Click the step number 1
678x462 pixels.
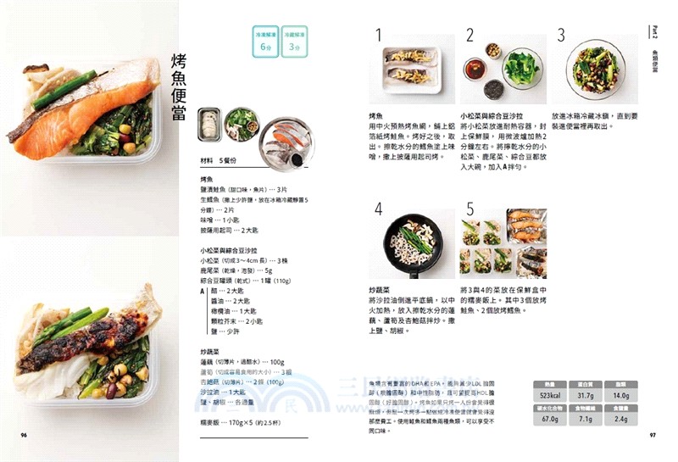tap(379, 35)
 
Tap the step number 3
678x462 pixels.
tap(560, 35)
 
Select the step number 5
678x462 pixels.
tap(470, 209)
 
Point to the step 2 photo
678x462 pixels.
tap(502, 70)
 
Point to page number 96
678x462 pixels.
tap(25, 435)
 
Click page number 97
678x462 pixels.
tap(653, 435)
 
